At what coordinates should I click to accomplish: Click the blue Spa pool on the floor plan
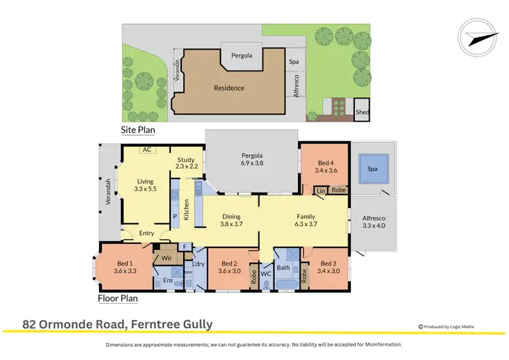(372, 168)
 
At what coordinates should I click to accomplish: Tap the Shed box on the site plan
(362, 112)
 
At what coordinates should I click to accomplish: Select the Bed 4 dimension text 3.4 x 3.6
(326, 170)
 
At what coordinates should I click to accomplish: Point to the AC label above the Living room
(146, 149)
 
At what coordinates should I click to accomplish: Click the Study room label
(185, 160)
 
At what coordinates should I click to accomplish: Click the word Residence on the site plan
(229, 88)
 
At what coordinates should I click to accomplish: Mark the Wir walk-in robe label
(165, 257)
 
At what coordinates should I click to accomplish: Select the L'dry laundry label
(199, 264)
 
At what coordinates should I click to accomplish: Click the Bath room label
(284, 268)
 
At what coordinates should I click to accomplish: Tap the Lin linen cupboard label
(321, 191)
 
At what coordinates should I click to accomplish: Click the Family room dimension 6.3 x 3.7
(305, 223)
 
